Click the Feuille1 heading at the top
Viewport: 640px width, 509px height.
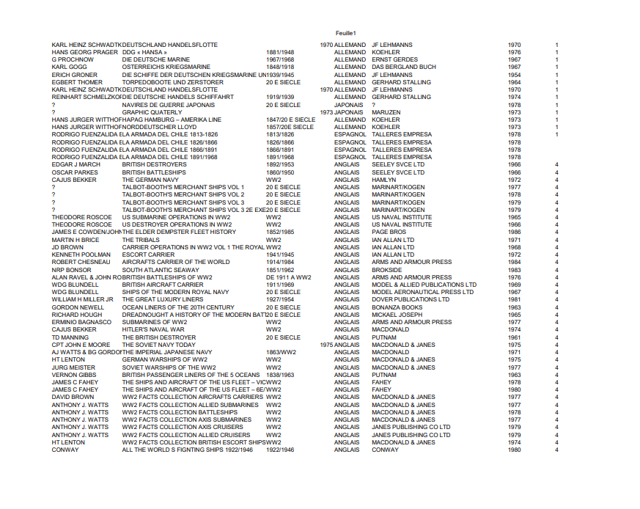[345, 33]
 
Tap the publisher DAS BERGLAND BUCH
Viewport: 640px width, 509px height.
[403, 67]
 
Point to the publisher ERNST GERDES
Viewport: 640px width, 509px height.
[394, 60]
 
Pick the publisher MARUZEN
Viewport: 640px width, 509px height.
[386, 112]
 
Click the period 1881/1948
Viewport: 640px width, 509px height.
[280, 53]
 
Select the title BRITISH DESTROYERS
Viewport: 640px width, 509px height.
[154, 165]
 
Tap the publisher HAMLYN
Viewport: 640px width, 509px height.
[383, 180]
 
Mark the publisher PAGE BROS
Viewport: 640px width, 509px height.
[389, 232]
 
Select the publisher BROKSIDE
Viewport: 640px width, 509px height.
[386, 270]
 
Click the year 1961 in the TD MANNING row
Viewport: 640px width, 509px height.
[514, 337]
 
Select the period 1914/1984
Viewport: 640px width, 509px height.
[280, 262]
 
